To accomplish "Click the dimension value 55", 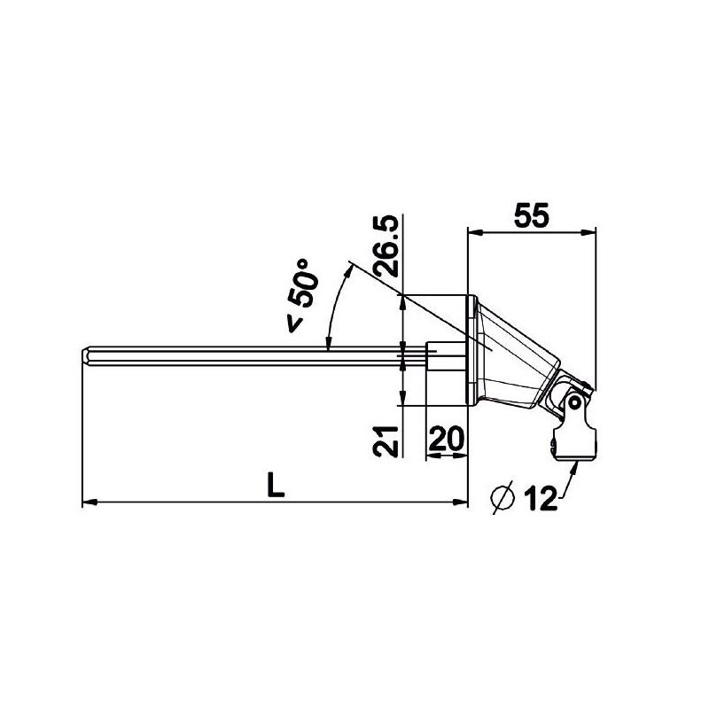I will pos(531,214).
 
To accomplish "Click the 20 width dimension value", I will pos(447,438).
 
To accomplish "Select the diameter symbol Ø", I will pos(503,499).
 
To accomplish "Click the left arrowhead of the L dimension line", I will pos(87,503).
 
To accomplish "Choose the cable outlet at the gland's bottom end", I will pos(576,448).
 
